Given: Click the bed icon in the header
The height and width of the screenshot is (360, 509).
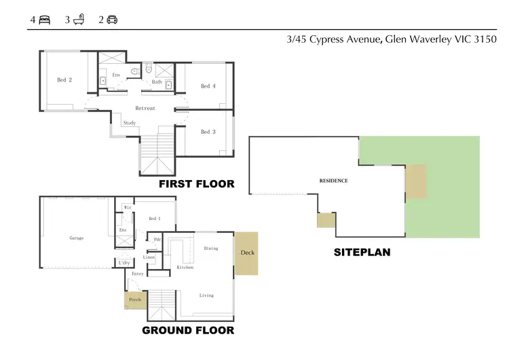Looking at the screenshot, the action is click(45, 20).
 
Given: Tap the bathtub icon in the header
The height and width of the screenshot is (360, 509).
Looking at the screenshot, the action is click(79, 20).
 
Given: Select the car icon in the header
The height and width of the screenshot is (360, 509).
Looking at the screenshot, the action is click(112, 20).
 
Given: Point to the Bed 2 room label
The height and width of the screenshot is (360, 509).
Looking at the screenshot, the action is click(64, 80).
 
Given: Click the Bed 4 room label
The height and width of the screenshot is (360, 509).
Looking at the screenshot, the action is click(208, 86).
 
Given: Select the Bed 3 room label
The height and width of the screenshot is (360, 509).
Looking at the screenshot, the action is click(208, 132).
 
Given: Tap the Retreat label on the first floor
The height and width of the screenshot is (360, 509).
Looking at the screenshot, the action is click(145, 109).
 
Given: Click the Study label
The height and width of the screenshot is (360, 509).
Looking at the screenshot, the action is click(129, 123).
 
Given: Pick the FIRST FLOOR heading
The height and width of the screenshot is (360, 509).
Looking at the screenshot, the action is click(196, 184).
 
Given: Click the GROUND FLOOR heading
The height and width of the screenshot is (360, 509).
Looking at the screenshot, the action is click(188, 331).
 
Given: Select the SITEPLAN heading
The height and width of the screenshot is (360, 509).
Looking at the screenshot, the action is click(362, 252).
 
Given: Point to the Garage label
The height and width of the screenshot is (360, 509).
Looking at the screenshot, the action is click(76, 238).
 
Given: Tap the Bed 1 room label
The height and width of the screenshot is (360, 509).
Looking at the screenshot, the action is click(155, 219).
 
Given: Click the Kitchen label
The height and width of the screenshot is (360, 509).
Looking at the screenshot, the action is click(185, 268).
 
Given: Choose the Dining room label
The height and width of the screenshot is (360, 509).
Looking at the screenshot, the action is click(211, 249).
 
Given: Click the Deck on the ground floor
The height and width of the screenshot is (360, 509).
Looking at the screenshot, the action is click(246, 253).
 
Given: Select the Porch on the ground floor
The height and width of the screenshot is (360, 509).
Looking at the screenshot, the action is click(135, 300).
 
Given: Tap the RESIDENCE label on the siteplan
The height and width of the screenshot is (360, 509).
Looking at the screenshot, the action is click(333, 181).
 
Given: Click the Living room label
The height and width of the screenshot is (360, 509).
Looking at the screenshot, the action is click(206, 295).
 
